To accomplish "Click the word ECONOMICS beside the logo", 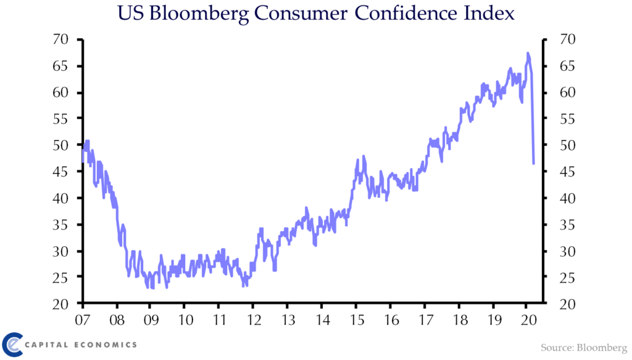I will tap(106, 345).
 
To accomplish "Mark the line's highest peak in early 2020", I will tap(528, 53).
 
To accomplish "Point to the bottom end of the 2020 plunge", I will tap(533, 164).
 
